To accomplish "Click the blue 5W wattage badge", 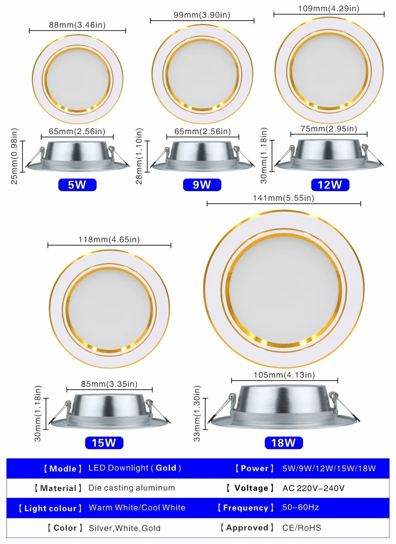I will pos(77,184).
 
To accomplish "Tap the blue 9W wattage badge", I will pos(202,184).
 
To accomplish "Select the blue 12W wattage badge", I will pos(330,184).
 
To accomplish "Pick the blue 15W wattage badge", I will pos(104,443).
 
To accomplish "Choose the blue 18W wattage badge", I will pos(283,443).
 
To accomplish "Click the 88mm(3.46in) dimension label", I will pos(77,25).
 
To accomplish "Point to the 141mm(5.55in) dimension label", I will pos(283,198).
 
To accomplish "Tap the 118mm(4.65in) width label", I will pos(109,240).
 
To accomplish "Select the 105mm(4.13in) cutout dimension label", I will pos(284,375).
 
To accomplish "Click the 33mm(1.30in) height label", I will pos(197,413).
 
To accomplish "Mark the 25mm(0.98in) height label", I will pos(14,156).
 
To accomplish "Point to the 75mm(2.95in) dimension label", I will pos(329,129).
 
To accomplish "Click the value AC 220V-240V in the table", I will pos(313,488).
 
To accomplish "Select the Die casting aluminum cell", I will pos(132,488).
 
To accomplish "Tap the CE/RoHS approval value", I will pos(302,528).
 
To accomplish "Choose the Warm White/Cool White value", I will pos(137,508).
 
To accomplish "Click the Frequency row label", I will pos(245,508).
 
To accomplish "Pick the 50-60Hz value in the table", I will pos(300,507).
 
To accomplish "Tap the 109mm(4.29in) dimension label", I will pos(329,8).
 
